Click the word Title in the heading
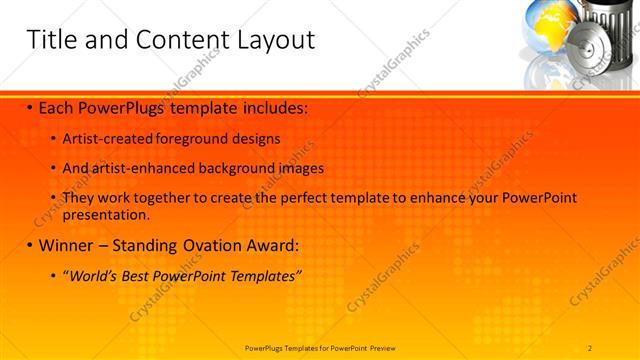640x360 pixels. point(49,40)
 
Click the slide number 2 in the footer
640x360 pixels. point(590,347)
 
